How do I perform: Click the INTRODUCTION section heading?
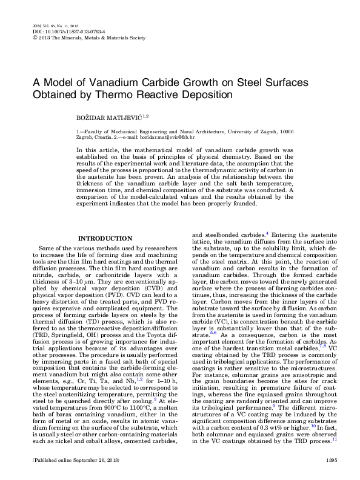click(x=105, y=239)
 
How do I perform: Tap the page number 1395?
click(x=331, y=462)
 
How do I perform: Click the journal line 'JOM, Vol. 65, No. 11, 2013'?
click(x=53, y=26)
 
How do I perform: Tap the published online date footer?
click(x=67, y=462)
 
